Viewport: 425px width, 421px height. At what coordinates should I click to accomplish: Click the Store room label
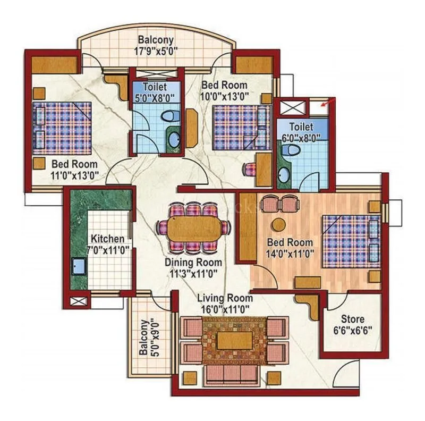pyautogui.click(x=353, y=324)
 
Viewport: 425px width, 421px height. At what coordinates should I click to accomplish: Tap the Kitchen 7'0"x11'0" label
pyautogui.click(x=107, y=244)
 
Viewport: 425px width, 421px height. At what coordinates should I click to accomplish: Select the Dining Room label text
pyautogui.click(x=193, y=268)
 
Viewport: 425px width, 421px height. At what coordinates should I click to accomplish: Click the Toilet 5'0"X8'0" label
pyautogui.click(x=154, y=91)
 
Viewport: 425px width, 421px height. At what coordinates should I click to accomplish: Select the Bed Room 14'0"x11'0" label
pyautogui.click(x=290, y=248)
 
